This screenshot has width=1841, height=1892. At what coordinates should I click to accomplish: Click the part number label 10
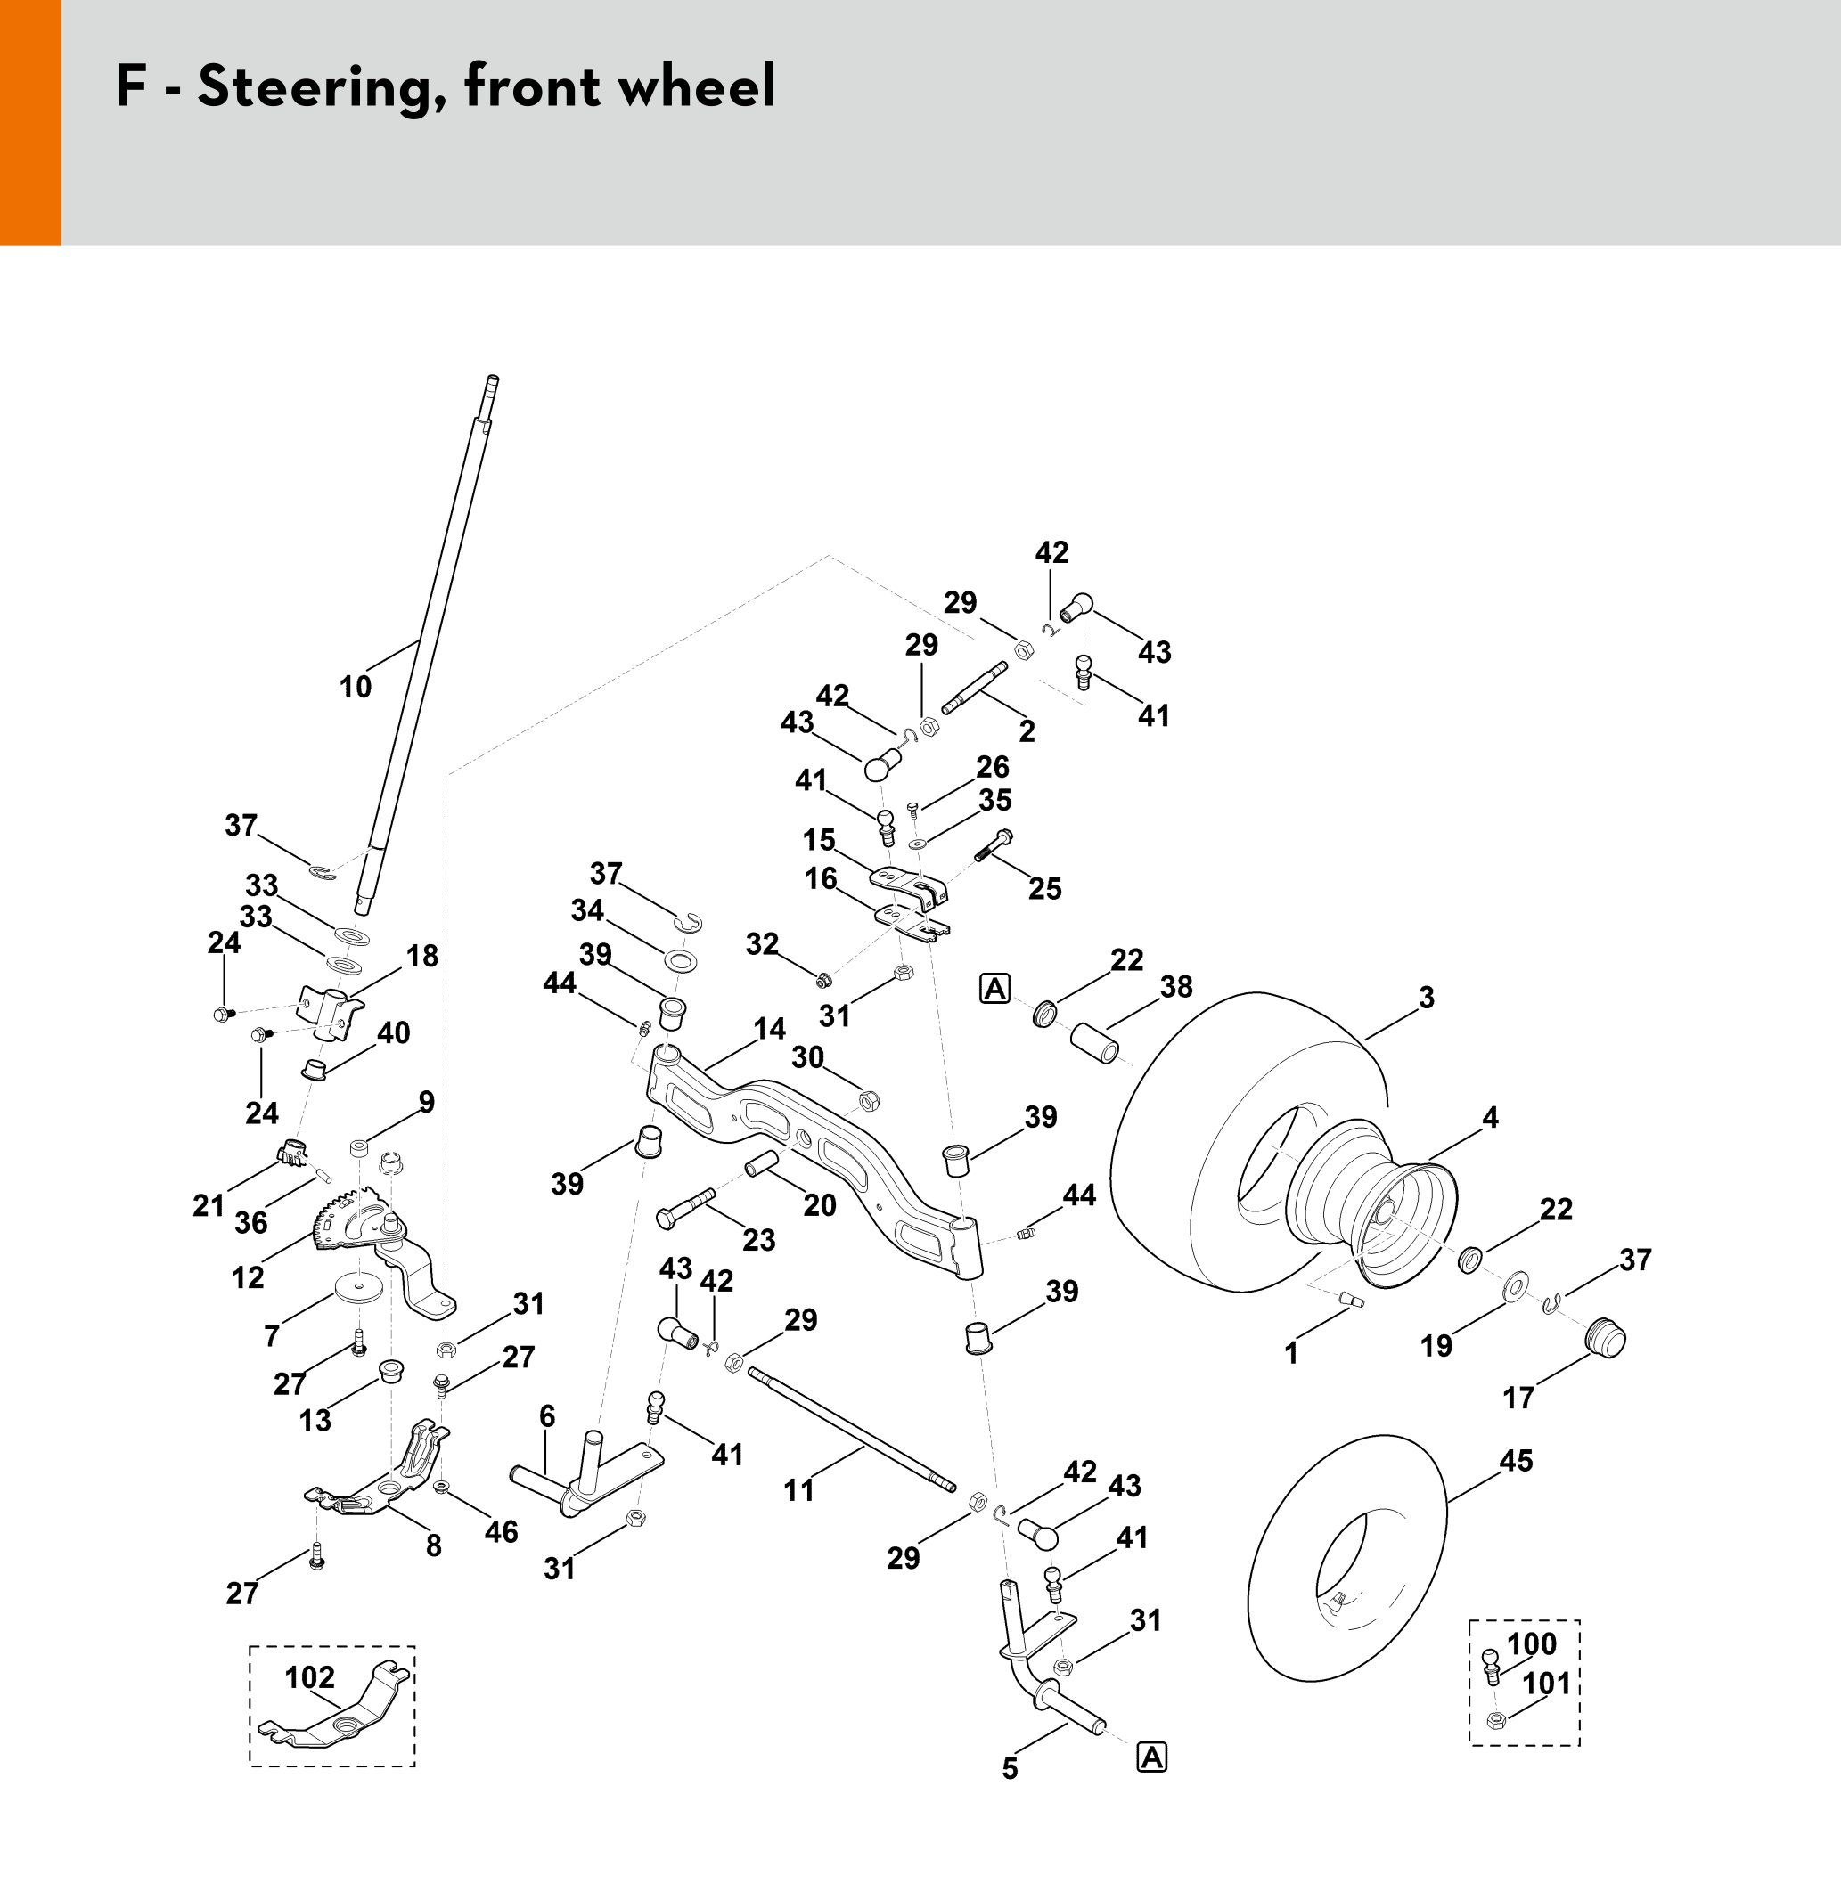pos(355,688)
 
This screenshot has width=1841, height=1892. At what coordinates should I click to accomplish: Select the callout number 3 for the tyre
pos(1426,998)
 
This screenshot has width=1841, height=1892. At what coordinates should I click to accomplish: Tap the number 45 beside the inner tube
pos(1516,1461)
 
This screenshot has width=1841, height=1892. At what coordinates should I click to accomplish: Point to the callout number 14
pos(770,1029)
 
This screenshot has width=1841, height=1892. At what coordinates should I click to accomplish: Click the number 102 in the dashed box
pos(309,1677)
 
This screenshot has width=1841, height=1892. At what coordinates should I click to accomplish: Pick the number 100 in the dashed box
pos(1532,1643)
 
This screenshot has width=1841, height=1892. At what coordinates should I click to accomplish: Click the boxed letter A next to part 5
pos(1151,1757)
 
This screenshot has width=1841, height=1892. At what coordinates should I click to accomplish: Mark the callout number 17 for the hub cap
pos(1518,1397)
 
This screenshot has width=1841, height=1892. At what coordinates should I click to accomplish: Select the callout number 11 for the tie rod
pos(798,1490)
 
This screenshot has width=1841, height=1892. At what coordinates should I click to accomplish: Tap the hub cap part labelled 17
pos(1605,1339)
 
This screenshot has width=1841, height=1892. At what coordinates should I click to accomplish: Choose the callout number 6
pos(547,1416)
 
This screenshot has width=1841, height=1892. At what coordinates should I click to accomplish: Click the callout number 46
pos(501,1531)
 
